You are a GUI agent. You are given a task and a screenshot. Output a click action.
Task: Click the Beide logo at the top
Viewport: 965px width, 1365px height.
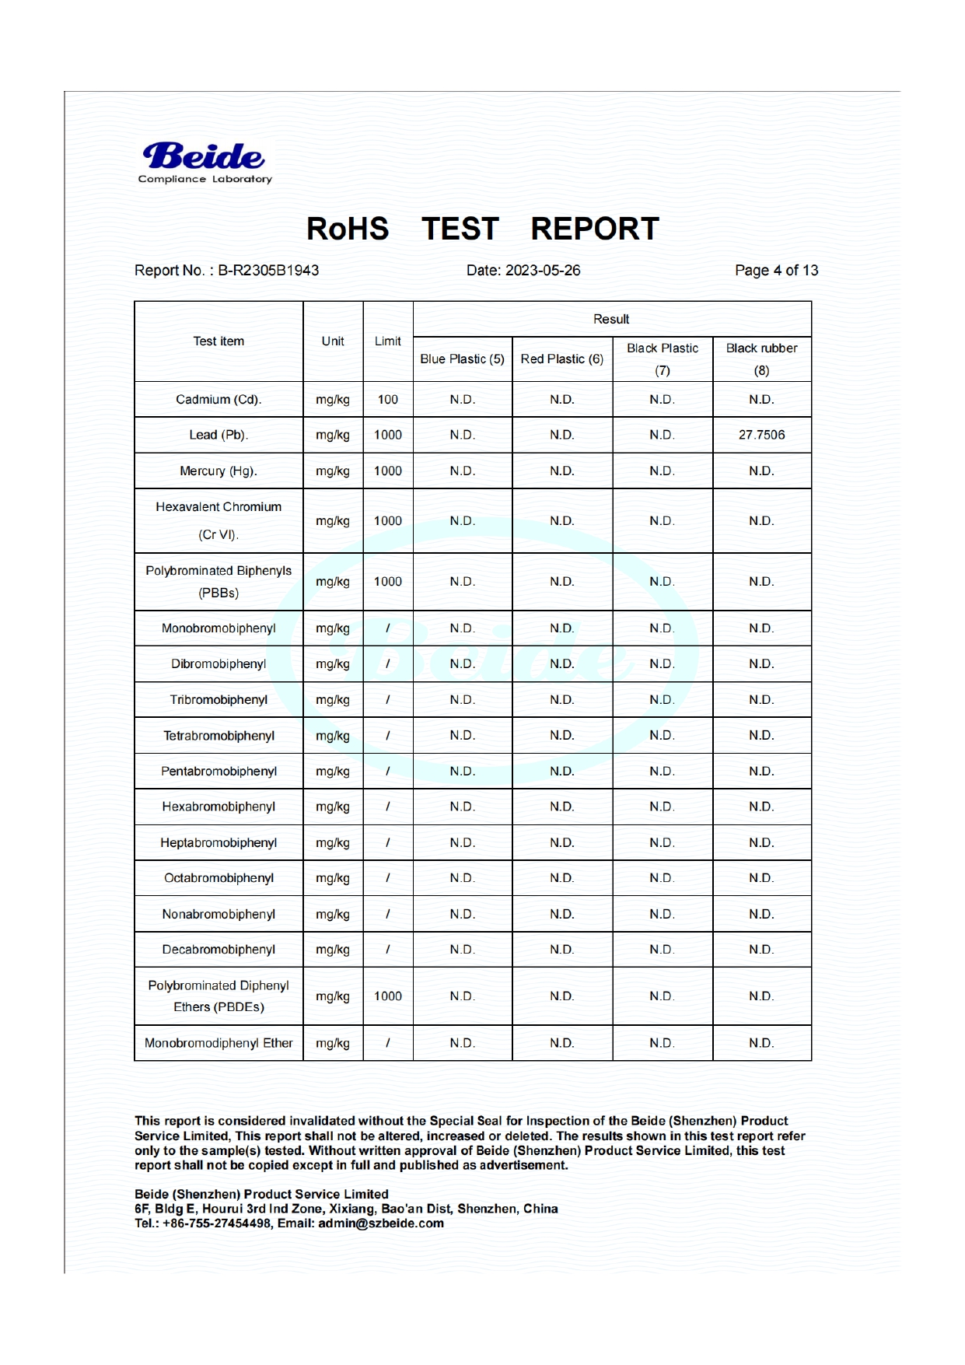(x=205, y=162)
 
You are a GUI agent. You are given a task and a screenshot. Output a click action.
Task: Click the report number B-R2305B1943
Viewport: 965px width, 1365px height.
(x=267, y=271)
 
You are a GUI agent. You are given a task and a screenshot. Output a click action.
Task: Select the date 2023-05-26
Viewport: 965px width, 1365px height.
(x=542, y=271)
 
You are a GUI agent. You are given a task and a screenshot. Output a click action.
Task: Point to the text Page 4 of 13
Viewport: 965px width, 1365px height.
(x=776, y=271)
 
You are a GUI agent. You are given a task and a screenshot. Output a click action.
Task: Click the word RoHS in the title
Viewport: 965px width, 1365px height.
(x=348, y=229)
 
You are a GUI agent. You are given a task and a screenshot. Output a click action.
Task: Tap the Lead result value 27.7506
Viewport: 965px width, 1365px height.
(x=761, y=435)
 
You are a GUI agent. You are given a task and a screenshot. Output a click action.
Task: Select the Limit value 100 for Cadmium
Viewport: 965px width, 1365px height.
(x=387, y=400)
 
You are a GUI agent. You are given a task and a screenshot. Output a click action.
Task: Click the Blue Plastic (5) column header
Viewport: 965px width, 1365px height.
(x=462, y=359)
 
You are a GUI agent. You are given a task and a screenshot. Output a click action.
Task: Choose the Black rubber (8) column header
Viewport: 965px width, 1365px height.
(x=761, y=359)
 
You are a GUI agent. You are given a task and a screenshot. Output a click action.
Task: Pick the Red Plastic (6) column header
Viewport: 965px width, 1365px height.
(x=561, y=359)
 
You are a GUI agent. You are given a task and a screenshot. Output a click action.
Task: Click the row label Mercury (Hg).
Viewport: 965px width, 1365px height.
(x=219, y=471)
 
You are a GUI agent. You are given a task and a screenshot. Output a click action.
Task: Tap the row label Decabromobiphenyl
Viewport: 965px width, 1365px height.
(x=219, y=950)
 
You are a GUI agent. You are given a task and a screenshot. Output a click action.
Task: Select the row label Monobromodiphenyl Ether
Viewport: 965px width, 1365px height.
(x=219, y=1043)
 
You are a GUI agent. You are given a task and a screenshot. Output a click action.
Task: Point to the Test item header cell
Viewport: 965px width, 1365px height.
(x=219, y=341)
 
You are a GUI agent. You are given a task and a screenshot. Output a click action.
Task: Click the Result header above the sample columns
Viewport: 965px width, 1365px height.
(x=611, y=320)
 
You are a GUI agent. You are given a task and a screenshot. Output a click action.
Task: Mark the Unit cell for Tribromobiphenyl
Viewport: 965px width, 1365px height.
(x=333, y=700)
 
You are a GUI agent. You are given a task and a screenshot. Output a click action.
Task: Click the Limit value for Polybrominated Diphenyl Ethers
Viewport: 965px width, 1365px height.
(x=387, y=996)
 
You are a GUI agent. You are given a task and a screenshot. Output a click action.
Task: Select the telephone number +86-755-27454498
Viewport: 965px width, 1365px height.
(x=217, y=1223)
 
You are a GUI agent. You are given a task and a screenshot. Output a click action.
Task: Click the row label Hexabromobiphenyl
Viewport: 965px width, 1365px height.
(x=219, y=807)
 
